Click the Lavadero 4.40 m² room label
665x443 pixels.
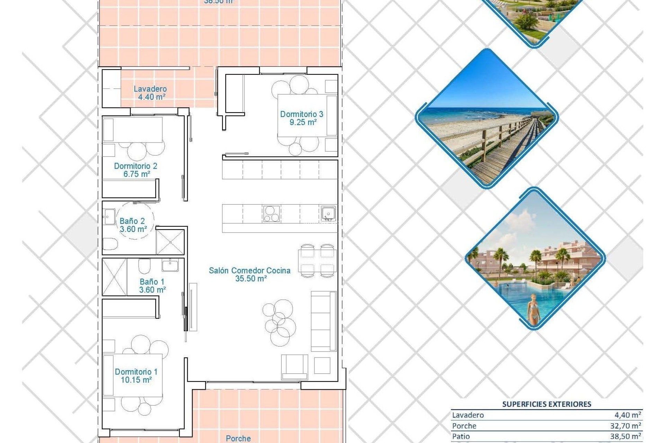click(x=150, y=93)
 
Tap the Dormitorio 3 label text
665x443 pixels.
click(x=302, y=118)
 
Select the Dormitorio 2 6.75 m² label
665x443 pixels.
click(x=136, y=170)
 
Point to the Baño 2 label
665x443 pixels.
click(x=133, y=225)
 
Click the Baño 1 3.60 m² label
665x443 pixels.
click(x=152, y=286)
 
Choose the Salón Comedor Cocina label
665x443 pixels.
click(x=250, y=274)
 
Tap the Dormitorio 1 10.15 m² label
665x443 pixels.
click(x=136, y=376)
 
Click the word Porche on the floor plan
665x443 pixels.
click(x=238, y=439)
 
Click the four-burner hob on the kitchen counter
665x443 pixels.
click(x=271, y=213)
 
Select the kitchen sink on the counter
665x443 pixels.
click(x=328, y=213)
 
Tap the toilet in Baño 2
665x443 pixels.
click(x=110, y=244)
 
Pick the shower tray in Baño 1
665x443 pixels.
click(x=115, y=277)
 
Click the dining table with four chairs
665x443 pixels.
click(x=317, y=261)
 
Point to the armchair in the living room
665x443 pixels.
click(x=294, y=367)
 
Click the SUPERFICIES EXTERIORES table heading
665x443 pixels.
click(x=547, y=404)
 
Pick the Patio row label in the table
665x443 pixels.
click(x=461, y=436)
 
